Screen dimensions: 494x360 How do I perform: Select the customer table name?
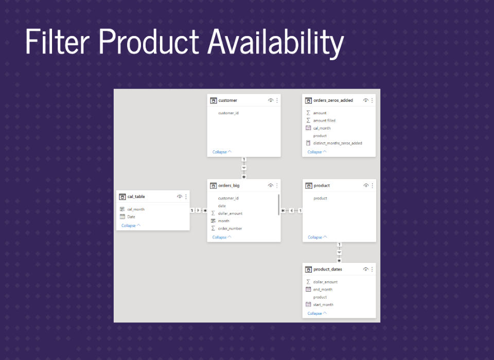click(227, 100)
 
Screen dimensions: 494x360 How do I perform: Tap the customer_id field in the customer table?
click(228, 113)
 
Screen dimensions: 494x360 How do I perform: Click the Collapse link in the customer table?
click(220, 152)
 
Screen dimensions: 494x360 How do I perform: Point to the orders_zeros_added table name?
click(333, 100)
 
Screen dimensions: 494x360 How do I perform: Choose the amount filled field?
click(324, 121)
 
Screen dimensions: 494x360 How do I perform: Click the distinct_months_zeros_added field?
click(338, 143)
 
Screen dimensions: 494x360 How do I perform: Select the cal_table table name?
click(136, 196)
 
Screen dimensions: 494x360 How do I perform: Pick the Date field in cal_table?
click(131, 217)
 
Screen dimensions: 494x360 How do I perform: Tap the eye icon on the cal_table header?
click(179, 196)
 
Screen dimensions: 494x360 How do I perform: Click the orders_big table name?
click(228, 186)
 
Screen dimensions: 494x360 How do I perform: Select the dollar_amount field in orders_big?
click(231, 213)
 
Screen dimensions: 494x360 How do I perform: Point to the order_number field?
click(230, 229)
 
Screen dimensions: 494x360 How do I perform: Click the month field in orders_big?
click(224, 221)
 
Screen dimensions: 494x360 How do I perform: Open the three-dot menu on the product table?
click(373, 186)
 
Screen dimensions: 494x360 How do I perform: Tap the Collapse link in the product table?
click(315, 237)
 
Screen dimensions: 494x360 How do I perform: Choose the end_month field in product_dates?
click(323, 290)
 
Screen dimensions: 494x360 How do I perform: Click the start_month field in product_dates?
click(323, 304)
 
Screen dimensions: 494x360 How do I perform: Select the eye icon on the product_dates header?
click(365, 269)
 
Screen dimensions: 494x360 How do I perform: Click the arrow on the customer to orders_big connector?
click(244, 168)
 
